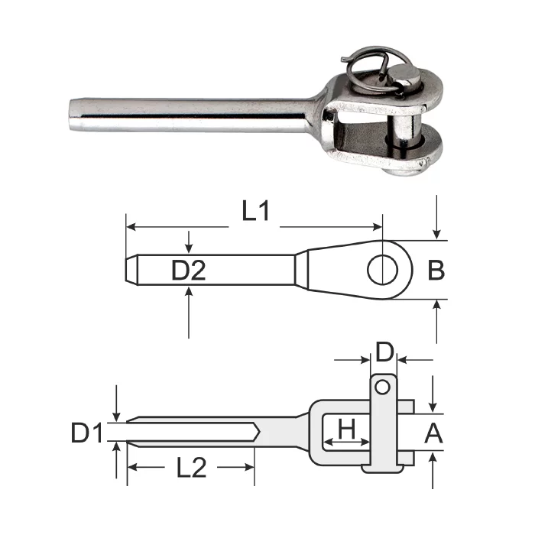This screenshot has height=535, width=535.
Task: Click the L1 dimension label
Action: pyautogui.click(x=255, y=211)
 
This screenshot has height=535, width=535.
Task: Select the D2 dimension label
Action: pyautogui.click(x=188, y=271)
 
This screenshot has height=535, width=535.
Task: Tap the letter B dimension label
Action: pyautogui.click(x=436, y=271)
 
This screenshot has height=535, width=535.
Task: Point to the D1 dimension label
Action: pyautogui.click(x=87, y=433)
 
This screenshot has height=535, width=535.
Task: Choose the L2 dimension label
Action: pyautogui.click(x=191, y=468)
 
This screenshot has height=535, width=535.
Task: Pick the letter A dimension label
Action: pyautogui.click(x=433, y=433)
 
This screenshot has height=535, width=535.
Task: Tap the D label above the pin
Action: pyautogui.click(x=384, y=352)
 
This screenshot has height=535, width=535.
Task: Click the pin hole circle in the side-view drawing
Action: pyautogui.click(x=382, y=270)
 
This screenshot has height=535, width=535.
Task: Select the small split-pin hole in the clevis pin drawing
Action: pyautogui.click(x=382, y=387)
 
